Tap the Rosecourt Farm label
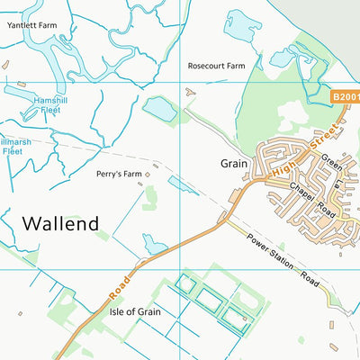(216, 66)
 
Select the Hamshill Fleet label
(50, 103)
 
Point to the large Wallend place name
(59, 223)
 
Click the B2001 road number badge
(344, 95)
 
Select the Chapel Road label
(311, 200)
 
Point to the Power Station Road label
(283, 262)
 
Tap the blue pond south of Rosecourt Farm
(160, 110)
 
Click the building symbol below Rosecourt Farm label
(189, 91)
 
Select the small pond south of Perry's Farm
(155, 243)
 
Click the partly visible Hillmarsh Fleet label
(11, 147)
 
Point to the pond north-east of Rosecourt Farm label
(243, 24)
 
